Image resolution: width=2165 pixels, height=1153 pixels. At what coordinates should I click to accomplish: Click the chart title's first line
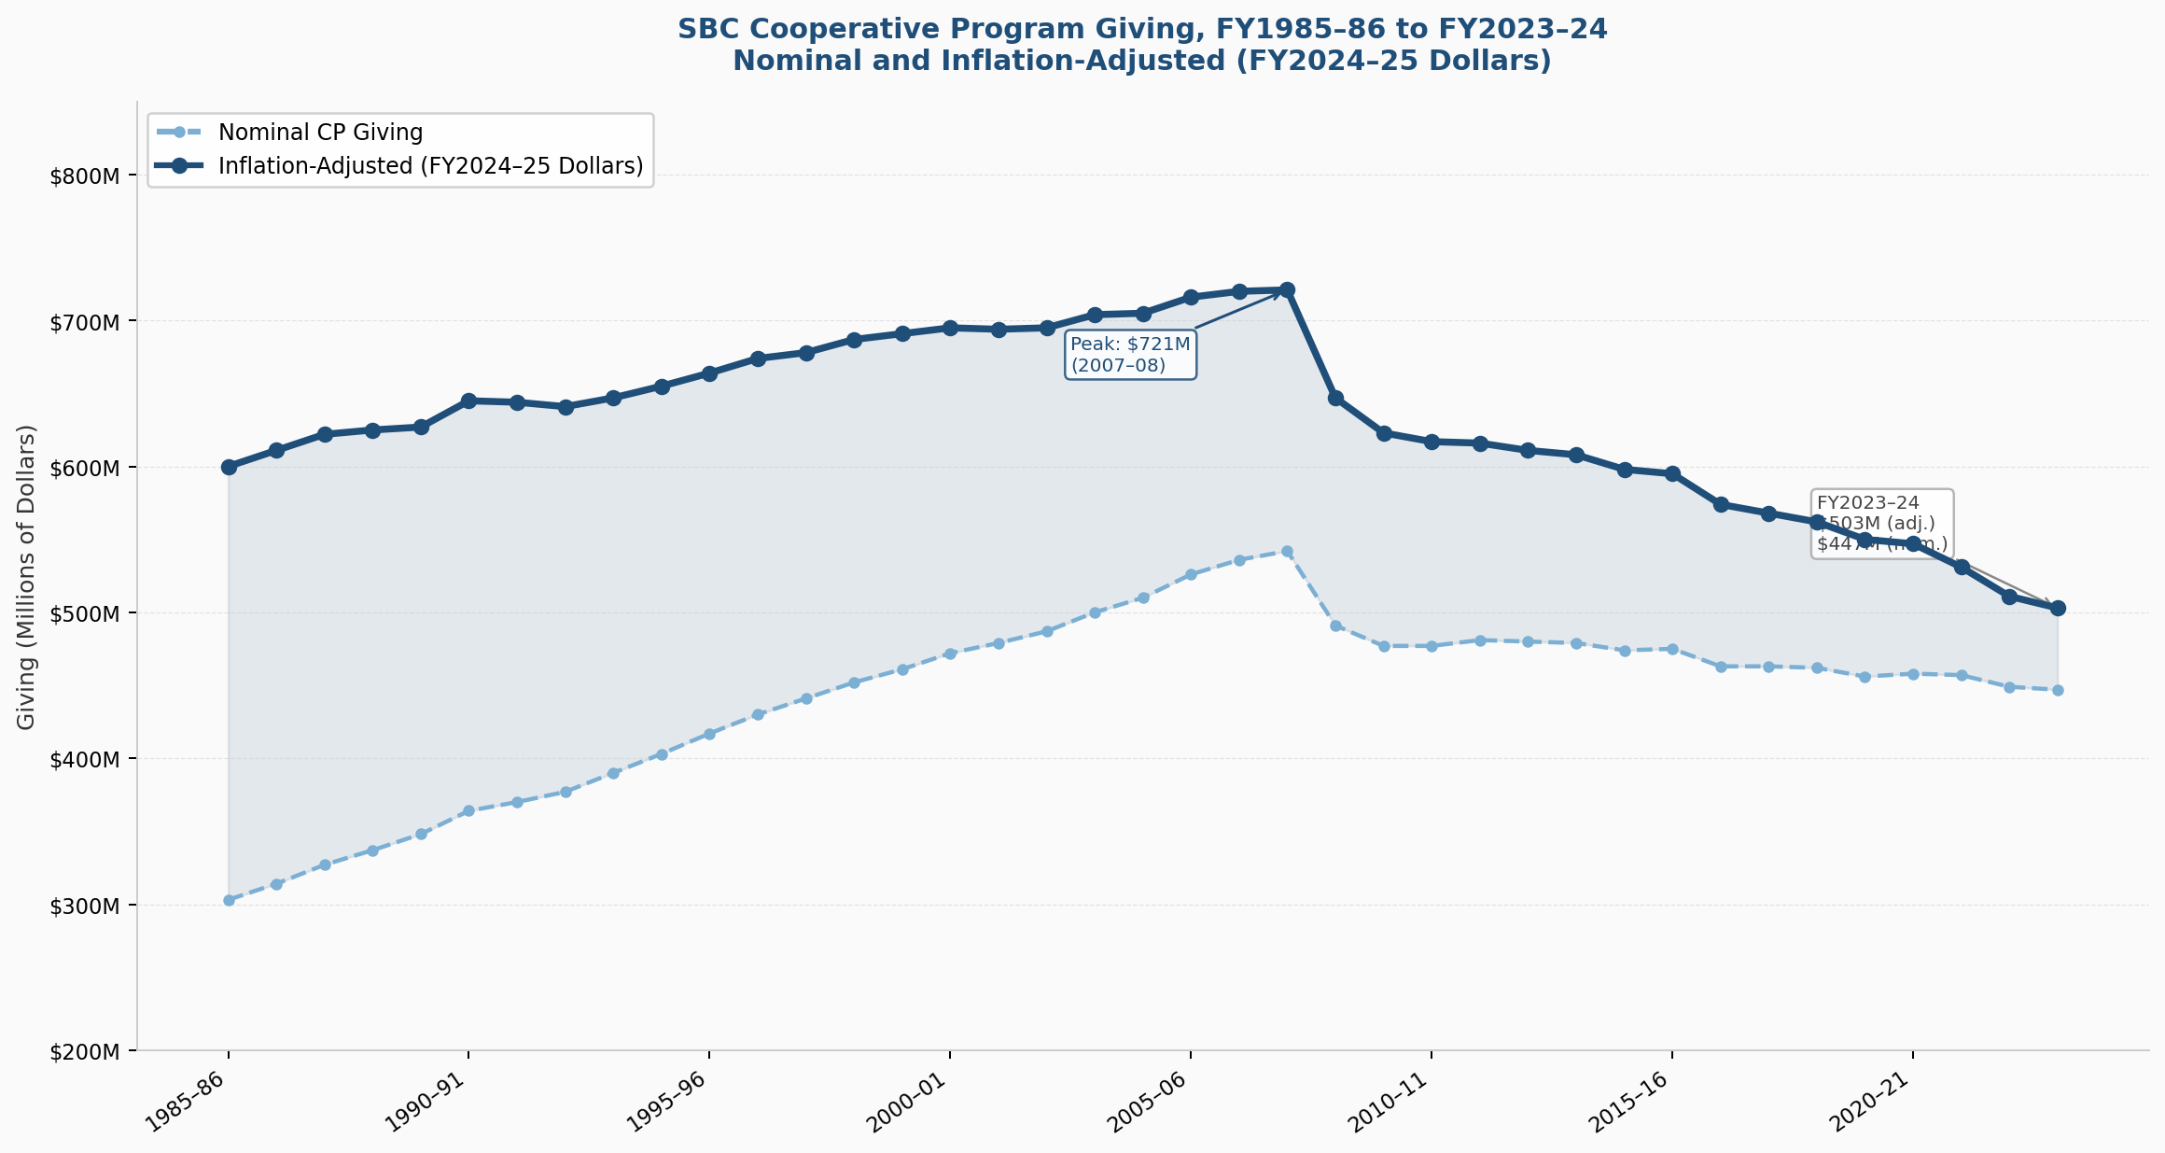coord(1142,29)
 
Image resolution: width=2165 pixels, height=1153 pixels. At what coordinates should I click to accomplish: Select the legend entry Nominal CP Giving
coord(320,133)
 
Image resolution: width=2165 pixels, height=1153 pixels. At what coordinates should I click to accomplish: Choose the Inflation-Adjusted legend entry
coord(430,166)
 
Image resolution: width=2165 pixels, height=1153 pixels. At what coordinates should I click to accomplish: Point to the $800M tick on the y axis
coord(85,176)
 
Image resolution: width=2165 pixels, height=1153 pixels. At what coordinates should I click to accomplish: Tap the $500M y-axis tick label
coord(85,613)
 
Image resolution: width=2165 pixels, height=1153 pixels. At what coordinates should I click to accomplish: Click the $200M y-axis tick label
coord(85,1052)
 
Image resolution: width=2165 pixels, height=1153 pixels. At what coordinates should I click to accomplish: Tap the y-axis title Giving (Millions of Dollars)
coord(27,577)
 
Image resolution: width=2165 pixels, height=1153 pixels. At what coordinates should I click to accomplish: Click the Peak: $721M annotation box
coord(1130,355)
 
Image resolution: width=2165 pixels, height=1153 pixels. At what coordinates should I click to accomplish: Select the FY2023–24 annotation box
coord(1880,523)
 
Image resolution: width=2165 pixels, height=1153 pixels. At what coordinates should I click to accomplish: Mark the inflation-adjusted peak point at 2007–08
coord(1287,289)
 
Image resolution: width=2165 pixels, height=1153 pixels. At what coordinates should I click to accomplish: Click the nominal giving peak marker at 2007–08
coord(1287,552)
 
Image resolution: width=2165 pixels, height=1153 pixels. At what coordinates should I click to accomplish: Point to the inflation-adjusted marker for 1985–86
coord(229,467)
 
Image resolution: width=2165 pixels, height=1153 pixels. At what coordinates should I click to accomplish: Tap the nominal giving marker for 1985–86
coord(229,900)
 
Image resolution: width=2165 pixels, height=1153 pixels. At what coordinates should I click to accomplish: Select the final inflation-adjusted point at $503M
coord(2058,608)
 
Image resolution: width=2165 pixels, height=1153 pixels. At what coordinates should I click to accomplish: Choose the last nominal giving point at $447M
coord(2058,690)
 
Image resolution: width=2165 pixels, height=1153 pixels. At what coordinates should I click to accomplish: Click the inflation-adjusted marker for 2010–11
coord(1432,442)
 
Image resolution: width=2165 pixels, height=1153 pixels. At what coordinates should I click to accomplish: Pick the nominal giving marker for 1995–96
coord(709,734)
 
